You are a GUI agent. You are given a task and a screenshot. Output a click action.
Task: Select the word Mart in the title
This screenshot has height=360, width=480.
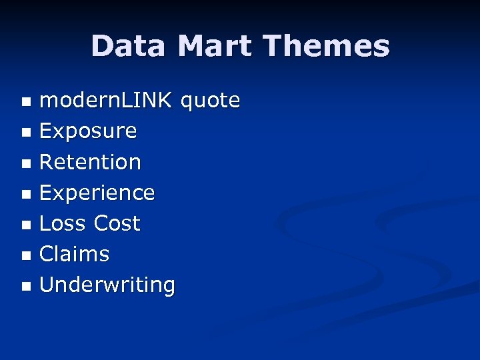click(215, 46)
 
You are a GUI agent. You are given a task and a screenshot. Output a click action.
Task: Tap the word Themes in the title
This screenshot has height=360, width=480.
click(326, 46)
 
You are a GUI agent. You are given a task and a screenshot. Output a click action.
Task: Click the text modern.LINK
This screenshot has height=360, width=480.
click(107, 101)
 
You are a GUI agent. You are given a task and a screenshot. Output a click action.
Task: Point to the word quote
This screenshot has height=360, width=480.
click(210, 101)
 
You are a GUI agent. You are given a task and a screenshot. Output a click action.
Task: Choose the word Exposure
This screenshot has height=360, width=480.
click(88, 131)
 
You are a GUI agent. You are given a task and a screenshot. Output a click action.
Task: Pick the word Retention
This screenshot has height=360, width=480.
click(90, 162)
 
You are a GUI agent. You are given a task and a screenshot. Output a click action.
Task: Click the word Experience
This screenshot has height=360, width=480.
click(97, 193)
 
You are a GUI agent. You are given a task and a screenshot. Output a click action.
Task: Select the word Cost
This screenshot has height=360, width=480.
click(117, 223)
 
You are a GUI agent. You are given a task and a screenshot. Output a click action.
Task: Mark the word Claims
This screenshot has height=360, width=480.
click(74, 254)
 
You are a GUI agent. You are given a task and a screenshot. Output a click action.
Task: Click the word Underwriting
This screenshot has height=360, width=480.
click(107, 285)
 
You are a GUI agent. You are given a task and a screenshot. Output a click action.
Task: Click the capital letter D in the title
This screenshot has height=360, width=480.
click(102, 46)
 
